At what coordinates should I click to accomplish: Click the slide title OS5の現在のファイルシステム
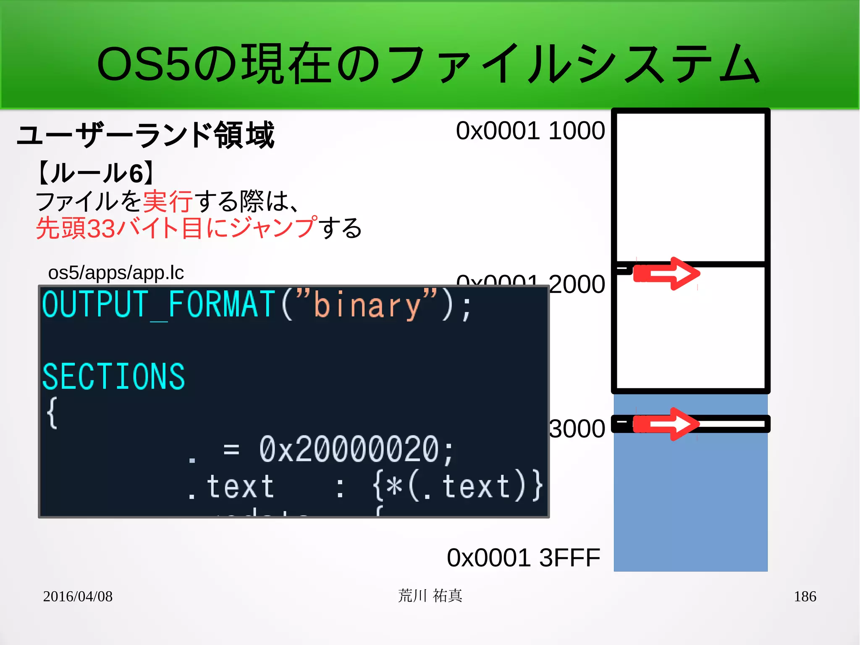(x=428, y=64)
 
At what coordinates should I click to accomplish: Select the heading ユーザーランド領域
(x=145, y=135)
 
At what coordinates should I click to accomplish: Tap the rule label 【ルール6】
(x=96, y=173)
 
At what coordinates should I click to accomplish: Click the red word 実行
(x=168, y=201)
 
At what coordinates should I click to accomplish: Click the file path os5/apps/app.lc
(x=116, y=273)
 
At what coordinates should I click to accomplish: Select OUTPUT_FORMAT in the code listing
(x=158, y=305)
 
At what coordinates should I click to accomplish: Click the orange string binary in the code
(x=367, y=305)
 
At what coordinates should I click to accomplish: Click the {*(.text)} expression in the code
(x=458, y=487)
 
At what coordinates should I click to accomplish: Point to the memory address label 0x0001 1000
(x=530, y=131)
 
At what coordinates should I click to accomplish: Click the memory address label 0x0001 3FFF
(x=523, y=558)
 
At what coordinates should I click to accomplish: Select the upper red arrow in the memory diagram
(x=667, y=274)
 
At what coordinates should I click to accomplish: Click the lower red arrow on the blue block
(x=667, y=424)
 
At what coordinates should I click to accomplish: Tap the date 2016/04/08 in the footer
(x=78, y=596)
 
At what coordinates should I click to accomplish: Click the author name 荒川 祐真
(x=430, y=596)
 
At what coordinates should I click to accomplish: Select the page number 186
(x=805, y=596)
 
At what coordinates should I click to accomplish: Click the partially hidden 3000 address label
(x=577, y=429)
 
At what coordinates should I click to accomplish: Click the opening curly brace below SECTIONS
(x=52, y=413)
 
